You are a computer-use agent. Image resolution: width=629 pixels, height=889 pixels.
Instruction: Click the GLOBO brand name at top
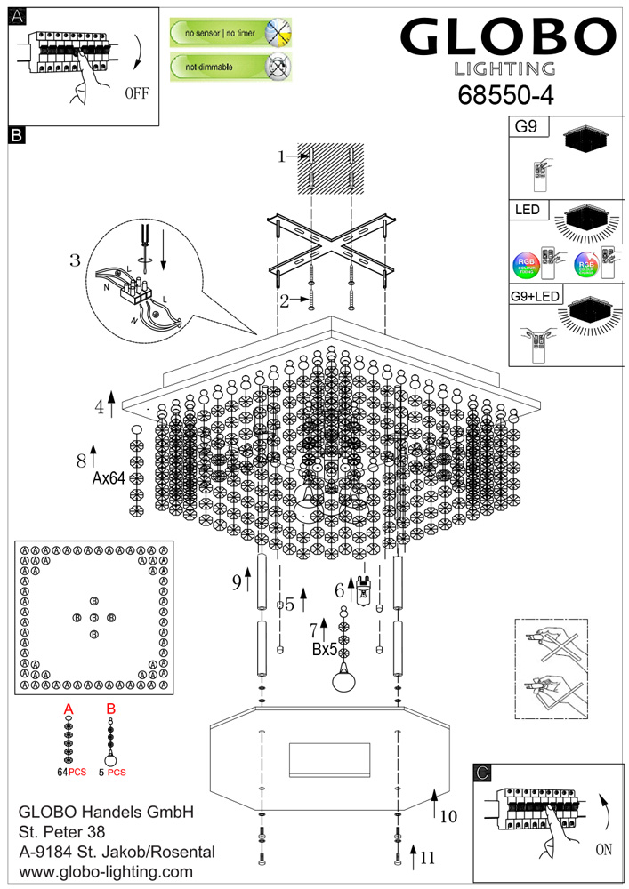507,38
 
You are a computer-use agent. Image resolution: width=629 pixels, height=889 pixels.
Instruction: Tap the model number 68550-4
505,94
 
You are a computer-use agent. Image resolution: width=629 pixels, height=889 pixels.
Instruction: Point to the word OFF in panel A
137,92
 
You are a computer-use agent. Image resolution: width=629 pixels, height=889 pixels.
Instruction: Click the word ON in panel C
603,849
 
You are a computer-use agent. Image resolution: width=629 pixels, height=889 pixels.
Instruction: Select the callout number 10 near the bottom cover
448,814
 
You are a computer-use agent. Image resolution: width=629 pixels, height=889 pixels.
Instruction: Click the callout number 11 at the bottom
428,858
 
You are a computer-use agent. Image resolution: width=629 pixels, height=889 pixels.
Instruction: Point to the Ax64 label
108,477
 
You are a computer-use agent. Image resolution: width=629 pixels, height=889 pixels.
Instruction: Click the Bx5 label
324,650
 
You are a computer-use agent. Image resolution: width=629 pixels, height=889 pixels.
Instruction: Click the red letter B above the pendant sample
111,709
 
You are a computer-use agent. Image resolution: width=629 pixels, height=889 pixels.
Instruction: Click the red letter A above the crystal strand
68,709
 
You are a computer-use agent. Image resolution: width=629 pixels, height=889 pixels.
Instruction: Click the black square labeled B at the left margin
17,136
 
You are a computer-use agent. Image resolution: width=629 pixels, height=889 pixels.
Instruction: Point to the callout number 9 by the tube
237,582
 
